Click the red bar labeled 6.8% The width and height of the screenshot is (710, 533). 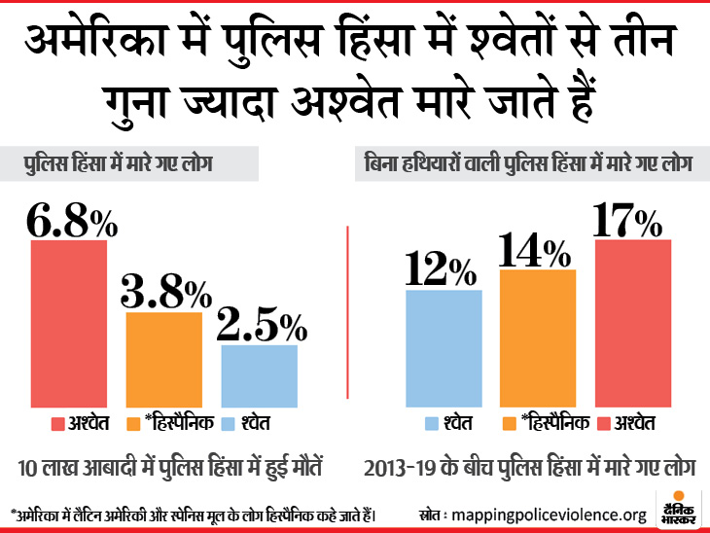[x=68, y=323]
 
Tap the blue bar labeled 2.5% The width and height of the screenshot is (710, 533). [x=259, y=375]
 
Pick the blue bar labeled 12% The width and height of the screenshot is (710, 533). [x=444, y=348]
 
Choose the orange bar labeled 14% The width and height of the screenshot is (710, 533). [x=538, y=338]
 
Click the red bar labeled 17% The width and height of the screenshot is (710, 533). [x=633, y=323]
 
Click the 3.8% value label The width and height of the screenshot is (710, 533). [x=166, y=291]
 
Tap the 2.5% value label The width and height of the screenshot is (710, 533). [x=261, y=324]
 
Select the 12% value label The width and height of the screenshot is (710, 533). [x=444, y=269]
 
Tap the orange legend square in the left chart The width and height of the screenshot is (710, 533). [x=135, y=424]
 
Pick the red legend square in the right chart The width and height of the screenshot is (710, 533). [x=602, y=424]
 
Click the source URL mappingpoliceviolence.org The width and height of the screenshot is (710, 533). [x=556, y=515]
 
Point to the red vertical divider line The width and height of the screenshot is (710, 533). [x=347, y=321]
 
